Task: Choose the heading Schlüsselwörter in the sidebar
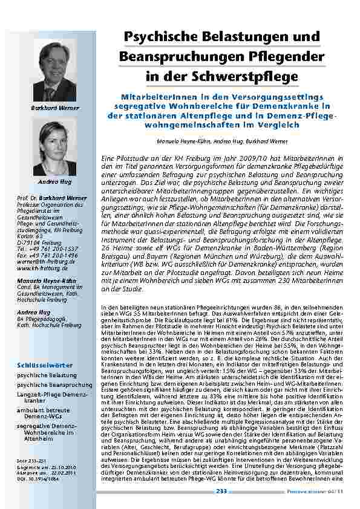[x=45, y=349]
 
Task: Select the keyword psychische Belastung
[x=42, y=358]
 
